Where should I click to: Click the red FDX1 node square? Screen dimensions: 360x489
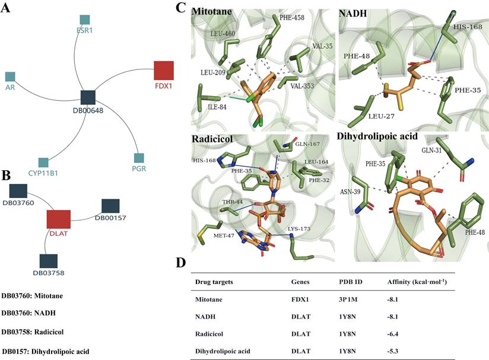(x=164, y=70)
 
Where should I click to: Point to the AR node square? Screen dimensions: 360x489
(x=10, y=77)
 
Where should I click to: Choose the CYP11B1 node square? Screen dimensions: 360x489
(x=43, y=162)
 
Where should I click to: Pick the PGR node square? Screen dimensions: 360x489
(x=138, y=158)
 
